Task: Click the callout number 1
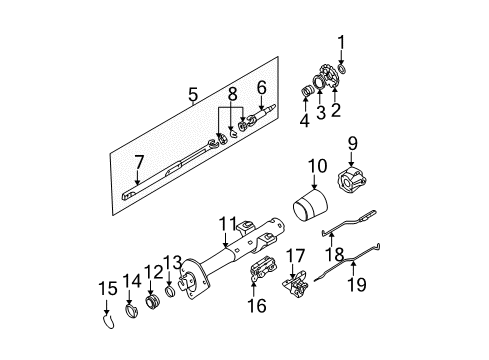point(341,41)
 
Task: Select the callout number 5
point(193,95)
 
